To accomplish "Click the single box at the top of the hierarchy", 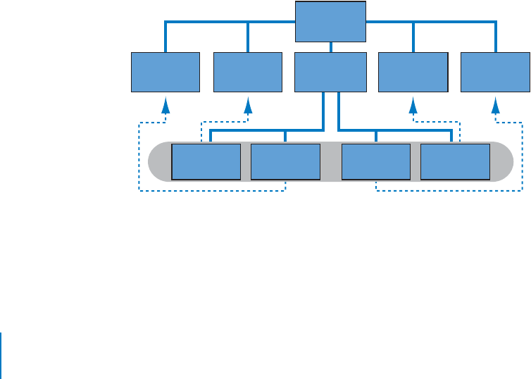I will point(330,22).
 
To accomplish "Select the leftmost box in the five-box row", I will point(165,72).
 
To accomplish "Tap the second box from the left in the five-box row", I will point(248,72).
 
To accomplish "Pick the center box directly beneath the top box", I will point(330,72).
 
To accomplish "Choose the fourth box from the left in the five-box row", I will point(413,72).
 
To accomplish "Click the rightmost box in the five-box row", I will point(495,72).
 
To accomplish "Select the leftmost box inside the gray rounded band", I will point(206,162).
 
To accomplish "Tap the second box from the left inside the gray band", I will point(285,162).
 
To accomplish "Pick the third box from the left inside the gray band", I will point(375,162).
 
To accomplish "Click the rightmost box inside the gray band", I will point(455,162).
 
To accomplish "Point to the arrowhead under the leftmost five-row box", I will point(165,106).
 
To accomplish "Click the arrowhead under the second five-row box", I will point(248,106).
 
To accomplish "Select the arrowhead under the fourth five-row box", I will point(413,106).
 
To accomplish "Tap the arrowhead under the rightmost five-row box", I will point(495,106).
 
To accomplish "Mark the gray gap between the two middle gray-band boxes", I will point(330,163).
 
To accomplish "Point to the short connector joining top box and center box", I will point(330,47).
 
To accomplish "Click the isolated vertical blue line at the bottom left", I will point(1,355).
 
